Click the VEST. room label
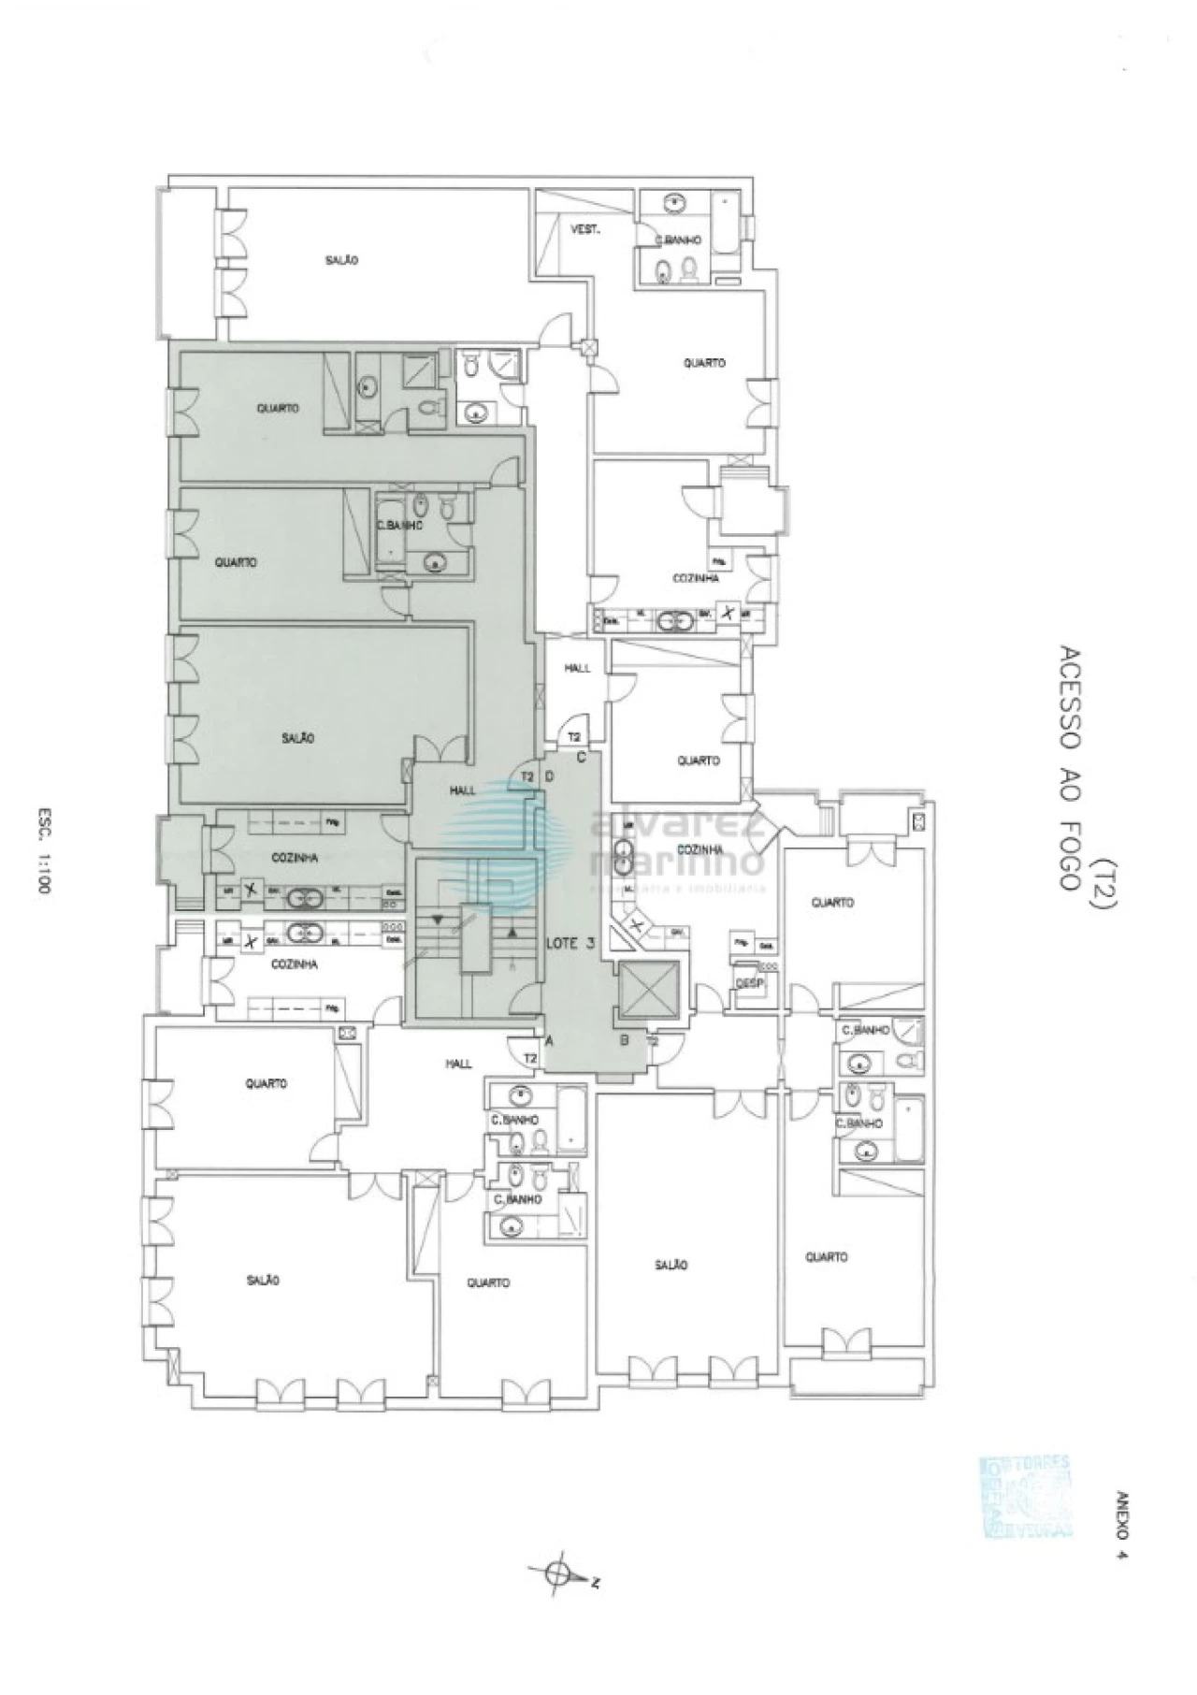[585, 229]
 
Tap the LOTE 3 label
[570, 943]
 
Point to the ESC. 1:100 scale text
[42, 852]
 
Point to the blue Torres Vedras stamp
[1024, 1497]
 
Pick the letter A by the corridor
[550, 1039]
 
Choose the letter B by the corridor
[624, 1039]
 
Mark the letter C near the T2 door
[581, 758]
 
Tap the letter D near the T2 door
[550, 776]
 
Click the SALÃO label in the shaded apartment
[298, 738]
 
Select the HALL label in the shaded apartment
[463, 791]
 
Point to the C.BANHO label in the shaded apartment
[399, 526]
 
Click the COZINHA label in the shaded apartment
[295, 857]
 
